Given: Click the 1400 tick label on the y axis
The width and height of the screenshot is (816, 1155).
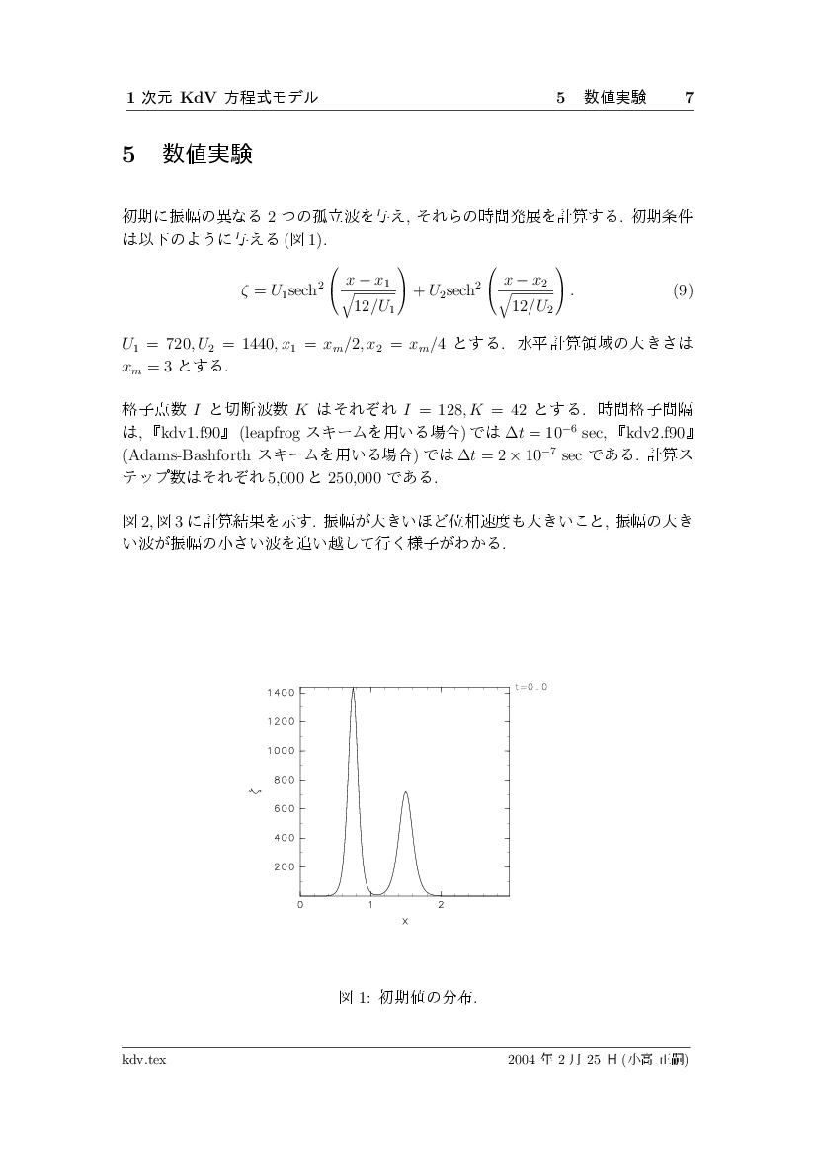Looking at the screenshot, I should [x=281, y=693].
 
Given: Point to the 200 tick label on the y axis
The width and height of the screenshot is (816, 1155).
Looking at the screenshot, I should [x=284, y=866].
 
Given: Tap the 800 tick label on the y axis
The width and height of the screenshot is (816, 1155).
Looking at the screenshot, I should [x=284, y=780].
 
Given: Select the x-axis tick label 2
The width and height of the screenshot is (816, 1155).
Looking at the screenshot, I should [x=441, y=905].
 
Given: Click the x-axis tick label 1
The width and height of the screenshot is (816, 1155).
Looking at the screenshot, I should [x=370, y=905].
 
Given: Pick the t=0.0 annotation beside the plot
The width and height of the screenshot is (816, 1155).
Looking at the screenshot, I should [x=530, y=686].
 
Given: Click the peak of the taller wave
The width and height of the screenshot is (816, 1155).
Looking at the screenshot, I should [x=353, y=688].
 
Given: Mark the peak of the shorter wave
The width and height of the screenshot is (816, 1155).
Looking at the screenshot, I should [x=405, y=792].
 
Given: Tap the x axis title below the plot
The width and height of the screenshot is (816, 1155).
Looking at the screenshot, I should [x=405, y=921].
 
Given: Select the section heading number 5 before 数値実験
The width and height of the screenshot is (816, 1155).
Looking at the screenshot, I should [x=128, y=155].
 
